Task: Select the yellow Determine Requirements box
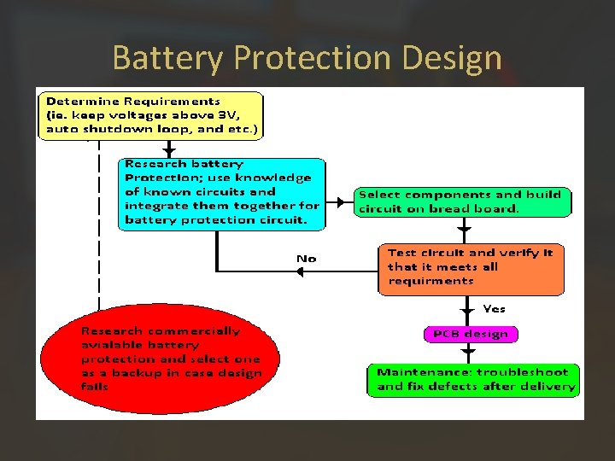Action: tap(151, 115)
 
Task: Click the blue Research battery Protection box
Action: tap(222, 192)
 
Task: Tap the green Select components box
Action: tap(462, 201)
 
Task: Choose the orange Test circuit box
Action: tap(471, 267)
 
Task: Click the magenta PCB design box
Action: tap(470, 334)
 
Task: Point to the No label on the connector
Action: tap(306, 258)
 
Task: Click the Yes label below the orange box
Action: tap(494, 308)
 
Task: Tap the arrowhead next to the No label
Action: tap(300, 271)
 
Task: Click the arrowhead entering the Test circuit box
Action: tap(464, 230)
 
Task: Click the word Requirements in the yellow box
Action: tap(179, 101)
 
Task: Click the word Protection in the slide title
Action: tap(306, 58)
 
